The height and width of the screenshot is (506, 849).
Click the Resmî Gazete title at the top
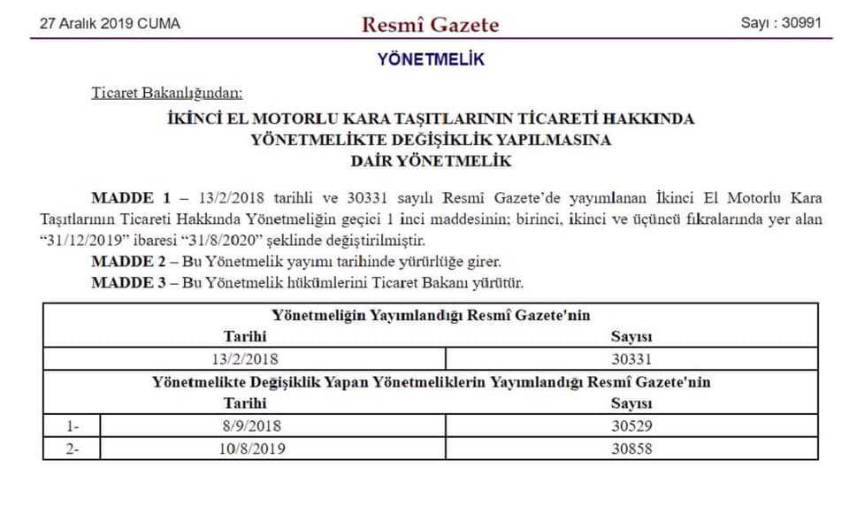click(x=430, y=24)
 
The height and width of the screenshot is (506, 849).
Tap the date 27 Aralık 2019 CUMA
click(x=110, y=24)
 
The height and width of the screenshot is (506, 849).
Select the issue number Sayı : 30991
click(x=781, y=24)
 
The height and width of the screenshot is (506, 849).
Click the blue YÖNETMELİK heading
click(x=431, y=60)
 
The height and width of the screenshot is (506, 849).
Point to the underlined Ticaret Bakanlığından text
click(x=167, y=92)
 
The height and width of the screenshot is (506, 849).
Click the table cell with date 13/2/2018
click(x=244, y=359)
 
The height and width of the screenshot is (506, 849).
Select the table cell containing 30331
click(x=631, y=359)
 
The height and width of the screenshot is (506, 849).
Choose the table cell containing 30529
click(x=631, y=425)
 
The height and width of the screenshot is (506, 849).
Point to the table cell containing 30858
click(x=631, y=448)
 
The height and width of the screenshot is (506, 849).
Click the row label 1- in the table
click(x=73, y=425)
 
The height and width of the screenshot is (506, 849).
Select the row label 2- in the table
click(x=73, y=448)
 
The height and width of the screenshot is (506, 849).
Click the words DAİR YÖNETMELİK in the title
click(x=431, y=162)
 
